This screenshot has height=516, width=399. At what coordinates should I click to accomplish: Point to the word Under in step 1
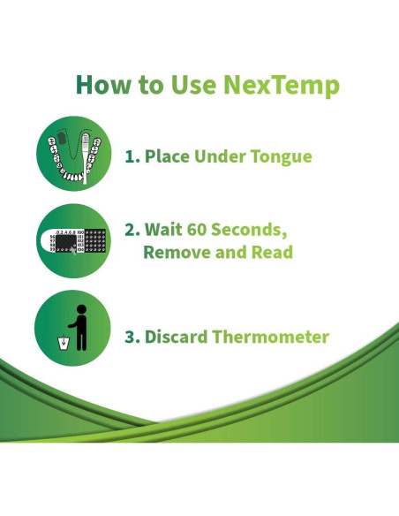pyautogui.click(x=221, y=157)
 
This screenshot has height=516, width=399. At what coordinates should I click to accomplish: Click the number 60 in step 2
pyautogui.click(x=199, y=230)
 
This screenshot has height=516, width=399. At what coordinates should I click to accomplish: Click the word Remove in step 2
pyautogui.click(x=173, y=252)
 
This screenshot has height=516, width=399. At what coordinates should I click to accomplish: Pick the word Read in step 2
pyautogui.click(x=270, y=252)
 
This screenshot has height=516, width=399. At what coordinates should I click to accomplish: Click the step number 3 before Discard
pyautogui.click(x=130, y=337)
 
